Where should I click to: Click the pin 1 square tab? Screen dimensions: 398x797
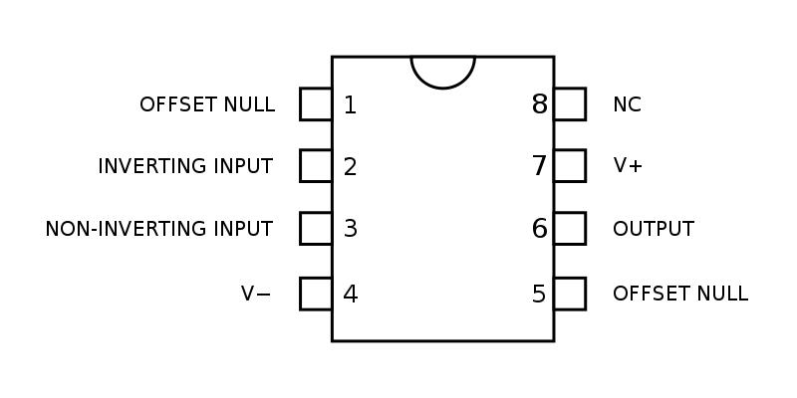[x=316, y=104]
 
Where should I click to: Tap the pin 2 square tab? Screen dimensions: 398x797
[x=316, y=166]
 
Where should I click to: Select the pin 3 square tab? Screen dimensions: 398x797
[x=316, y=229]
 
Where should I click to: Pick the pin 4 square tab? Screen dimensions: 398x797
[x=316, y=294]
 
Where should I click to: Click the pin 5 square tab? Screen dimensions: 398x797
[x=570, y=294]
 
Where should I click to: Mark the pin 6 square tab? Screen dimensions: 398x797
[x=570, y=229]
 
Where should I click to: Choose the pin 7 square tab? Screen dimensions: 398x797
[x=570, y=166]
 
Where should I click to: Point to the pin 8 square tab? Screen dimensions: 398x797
[x=570, y=104]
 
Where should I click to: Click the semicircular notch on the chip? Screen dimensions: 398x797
[x=443, y=70]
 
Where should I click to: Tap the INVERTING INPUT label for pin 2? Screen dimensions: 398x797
[x=185, y=166]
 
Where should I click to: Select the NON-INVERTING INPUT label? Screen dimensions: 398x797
[x=158, y=229]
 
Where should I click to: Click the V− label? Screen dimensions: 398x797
[x=256, y=294]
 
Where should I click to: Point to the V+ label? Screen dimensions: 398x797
[x=628, y=166]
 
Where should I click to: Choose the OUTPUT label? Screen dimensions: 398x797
[x=654, y=229]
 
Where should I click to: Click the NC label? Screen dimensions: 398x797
[x=627, y=104]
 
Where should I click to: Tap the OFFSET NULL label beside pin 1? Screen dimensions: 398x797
[x=207, y=104]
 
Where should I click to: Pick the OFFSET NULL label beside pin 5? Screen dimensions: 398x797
[x=680, y=294]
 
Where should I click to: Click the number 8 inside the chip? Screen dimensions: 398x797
[x=540, y=104]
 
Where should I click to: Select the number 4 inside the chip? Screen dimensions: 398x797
[x=350, y=294]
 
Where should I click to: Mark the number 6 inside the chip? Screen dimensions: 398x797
[x=540, y=229]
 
